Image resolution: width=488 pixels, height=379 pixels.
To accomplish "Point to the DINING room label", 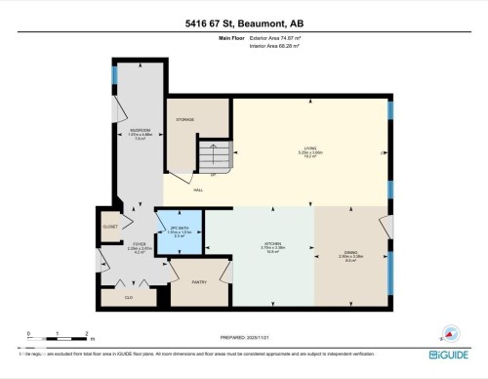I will coord(349,253).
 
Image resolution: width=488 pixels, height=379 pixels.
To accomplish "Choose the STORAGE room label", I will coord(184,119).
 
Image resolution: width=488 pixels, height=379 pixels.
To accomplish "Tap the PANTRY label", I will coord(199,281).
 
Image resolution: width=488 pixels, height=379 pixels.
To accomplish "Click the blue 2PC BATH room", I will coord(180,232).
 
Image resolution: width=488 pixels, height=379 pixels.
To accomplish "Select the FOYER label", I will coord(139,244).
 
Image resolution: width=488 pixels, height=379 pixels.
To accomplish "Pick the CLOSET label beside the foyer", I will coord(110,226).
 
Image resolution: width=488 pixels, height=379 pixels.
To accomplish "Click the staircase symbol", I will coord(216,153).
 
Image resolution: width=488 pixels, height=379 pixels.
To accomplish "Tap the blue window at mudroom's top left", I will coord(115,74).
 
